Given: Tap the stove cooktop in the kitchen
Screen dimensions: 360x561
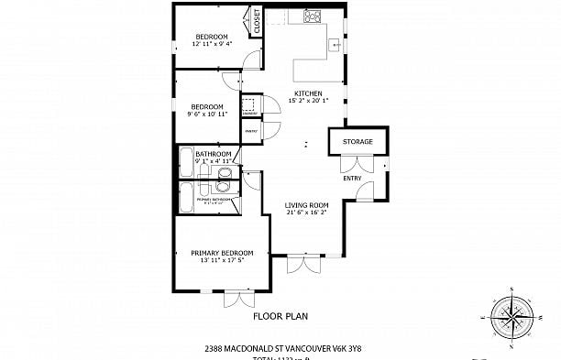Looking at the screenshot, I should (312, 15).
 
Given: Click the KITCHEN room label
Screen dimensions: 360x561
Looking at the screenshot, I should (307, 93).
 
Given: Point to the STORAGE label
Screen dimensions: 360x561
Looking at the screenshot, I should (357, 142).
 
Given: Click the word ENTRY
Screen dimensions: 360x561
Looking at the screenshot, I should (352, 178).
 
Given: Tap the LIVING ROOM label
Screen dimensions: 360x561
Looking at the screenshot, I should (306, 205).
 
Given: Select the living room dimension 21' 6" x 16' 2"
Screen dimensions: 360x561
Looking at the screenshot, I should (306, 213).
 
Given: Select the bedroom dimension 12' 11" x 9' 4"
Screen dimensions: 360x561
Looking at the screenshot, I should (211, 43).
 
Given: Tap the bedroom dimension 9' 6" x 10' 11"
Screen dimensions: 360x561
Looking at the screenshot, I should (207, 115).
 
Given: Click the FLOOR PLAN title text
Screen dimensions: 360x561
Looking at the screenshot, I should (280, 316).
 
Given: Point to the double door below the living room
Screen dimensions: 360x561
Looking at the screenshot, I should (300, 265).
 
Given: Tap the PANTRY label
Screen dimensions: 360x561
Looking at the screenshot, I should (249, 131).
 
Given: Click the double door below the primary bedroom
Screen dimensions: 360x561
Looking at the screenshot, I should (239, 298).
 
